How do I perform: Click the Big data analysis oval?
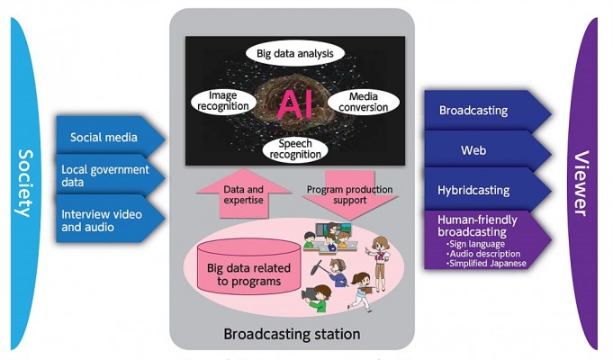[x=294, y=54]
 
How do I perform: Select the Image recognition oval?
[x=223, y=101]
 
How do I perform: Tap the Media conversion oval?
[x=363, y=102]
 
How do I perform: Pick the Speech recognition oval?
[x=295, y=149]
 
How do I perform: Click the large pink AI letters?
[x=295, y=104]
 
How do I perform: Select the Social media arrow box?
[x=111, y=137]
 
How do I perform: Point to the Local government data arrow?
[x=111, y=175]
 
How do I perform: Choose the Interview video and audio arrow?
[x=111, y=220]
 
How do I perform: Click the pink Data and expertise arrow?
[x=244, y=193]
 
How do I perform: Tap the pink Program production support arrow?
[x=350, y=194]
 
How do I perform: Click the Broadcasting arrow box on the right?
[x=488, y=111]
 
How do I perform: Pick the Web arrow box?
[x=488, y=150]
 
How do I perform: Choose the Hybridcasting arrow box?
[x=488, y=190]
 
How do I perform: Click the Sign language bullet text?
[x=475, y=244]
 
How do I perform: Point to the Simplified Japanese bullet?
[x=486, y=264]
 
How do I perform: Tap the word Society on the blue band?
[x=26, y=184]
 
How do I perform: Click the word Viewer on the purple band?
[x=581, y=184]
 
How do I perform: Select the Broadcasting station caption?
[x=292, y=334]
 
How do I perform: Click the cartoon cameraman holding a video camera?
[x=317, y=298]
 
